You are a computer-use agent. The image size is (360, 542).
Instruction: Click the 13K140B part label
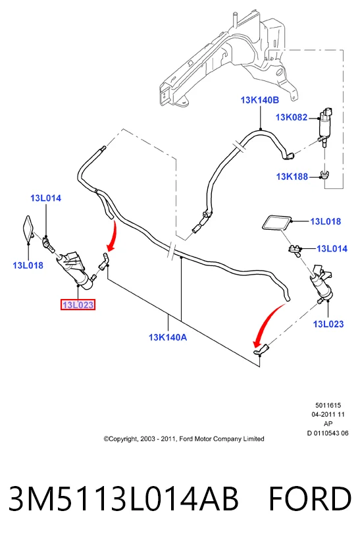coord(259,100)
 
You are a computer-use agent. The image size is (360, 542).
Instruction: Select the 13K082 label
coord(292,117)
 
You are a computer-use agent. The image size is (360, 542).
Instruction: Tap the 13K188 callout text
coord(292,176)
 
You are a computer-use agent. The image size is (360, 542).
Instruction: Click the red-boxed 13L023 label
coord(78,305)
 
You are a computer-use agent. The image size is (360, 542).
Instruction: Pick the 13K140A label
coord(168,337)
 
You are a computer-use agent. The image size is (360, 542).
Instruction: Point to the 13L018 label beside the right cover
coord(326,221)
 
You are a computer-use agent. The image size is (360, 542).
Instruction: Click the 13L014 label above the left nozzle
coord(45,198)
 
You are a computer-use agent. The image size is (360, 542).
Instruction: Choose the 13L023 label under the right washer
coord(328,324)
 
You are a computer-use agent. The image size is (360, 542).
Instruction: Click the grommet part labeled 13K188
coord(324,175)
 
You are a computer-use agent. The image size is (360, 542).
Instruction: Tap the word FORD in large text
coord(309,499)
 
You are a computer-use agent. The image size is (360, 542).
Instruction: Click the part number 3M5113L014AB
coord(123,499)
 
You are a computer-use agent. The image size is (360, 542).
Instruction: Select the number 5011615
coord(328,405)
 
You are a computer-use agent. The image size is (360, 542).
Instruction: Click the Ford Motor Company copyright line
coord(184,439)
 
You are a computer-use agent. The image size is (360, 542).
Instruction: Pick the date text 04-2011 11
coord(328,414)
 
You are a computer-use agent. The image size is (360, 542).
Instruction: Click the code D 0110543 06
coord(328,433)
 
